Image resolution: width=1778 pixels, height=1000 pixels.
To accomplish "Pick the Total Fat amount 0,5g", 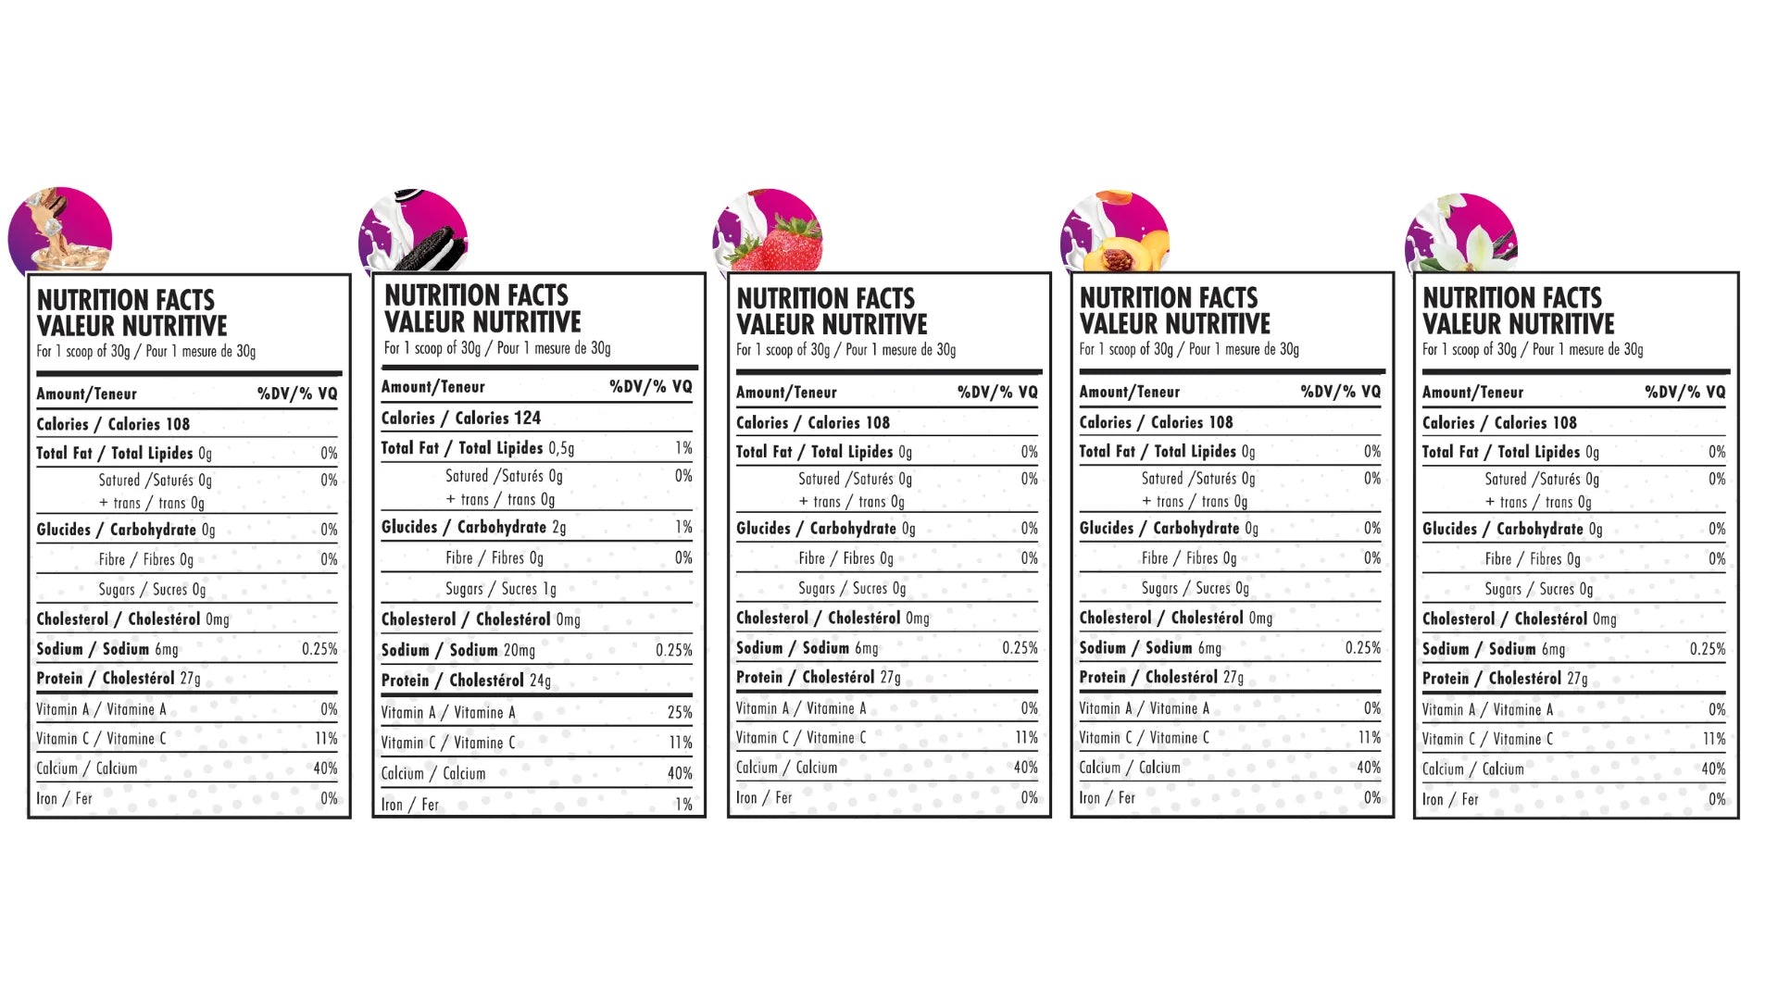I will click(561, 448).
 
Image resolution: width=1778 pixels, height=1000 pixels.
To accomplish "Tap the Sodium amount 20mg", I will click(520, 651).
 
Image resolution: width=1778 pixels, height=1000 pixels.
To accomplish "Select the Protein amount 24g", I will click(540, 681).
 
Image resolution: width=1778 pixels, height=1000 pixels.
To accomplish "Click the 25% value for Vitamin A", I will click(680, 713).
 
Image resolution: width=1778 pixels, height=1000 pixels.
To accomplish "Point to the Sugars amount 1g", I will click(549, 589).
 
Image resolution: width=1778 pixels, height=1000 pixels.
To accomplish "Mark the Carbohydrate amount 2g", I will click(558, 528).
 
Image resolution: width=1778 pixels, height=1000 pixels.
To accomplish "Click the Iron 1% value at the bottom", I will click(683, 805).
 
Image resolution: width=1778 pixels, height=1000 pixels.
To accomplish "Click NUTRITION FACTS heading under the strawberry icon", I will click(825, 299).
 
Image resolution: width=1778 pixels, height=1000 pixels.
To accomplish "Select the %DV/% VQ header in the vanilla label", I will click(1684, 393).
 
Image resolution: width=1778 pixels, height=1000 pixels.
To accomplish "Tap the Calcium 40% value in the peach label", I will click(1368, 768).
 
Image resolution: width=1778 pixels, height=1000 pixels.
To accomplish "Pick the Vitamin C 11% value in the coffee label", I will click(326, 739).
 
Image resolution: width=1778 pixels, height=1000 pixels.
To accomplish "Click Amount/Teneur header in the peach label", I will click(1129, 393).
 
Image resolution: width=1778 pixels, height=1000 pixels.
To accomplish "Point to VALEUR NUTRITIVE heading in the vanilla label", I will click(1518, 325).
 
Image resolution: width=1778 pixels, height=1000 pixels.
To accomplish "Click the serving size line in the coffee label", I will click(145, 352).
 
